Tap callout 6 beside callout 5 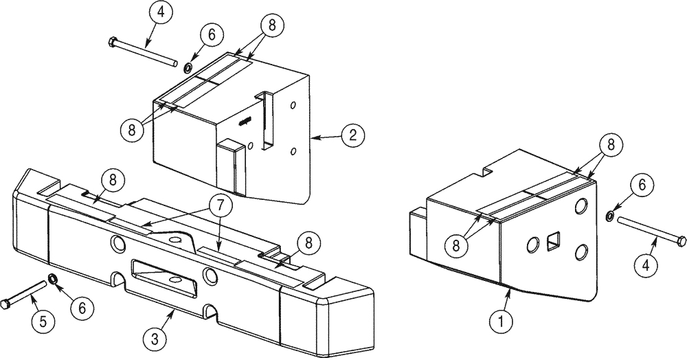(x=82, y=308)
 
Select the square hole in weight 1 (x=554, y=242)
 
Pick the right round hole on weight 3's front (x=209, y=275)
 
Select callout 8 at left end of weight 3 (x=113, y=181)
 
